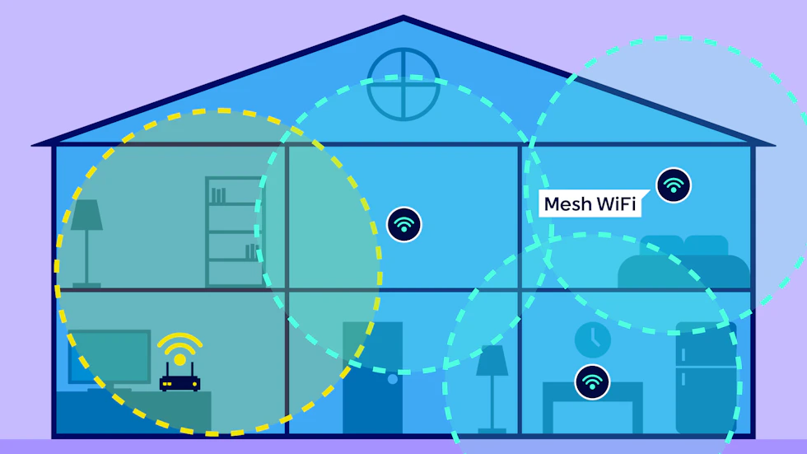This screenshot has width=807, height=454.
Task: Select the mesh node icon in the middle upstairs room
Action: [404, 224]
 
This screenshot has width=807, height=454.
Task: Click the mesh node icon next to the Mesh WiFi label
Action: [674, 185]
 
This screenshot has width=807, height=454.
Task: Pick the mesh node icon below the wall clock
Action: [592, 382]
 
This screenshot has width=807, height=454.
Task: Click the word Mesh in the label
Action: [567, 204]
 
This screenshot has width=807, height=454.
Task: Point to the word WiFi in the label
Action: [616, 204]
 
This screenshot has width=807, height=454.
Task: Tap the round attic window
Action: [403, 84]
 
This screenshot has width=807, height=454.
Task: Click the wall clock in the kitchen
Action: [592, 339]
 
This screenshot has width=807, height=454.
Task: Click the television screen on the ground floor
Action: [110, 356]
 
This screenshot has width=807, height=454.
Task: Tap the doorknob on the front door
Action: [393, 379]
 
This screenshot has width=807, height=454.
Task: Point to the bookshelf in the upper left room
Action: [234, 232]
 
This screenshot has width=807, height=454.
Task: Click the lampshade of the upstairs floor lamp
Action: [86, 215]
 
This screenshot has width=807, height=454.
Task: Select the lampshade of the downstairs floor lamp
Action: [492, 360]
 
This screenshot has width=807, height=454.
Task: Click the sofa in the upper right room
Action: [683, 262]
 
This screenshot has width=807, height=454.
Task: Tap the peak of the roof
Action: [403, 17]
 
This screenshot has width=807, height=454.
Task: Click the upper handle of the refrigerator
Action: [683, 354]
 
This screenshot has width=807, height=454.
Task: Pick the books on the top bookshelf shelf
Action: [218, 195]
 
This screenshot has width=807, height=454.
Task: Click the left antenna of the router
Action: [167, 371]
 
